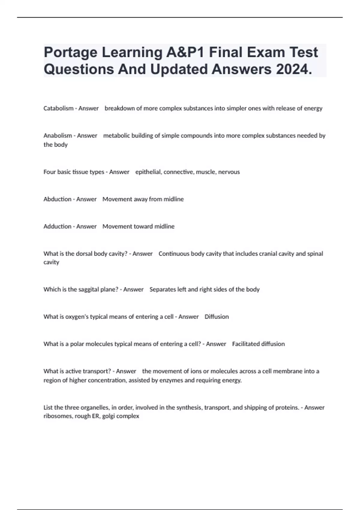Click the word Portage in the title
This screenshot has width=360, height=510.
[70, 52]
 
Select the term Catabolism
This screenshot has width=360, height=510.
[58, 108]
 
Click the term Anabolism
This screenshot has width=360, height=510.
[58, 136]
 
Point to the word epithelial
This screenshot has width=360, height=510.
[148, 172]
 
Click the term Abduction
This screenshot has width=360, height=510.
[57, 199]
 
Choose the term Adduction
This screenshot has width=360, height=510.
[57, 226]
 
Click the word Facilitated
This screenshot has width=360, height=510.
[245, 344]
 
